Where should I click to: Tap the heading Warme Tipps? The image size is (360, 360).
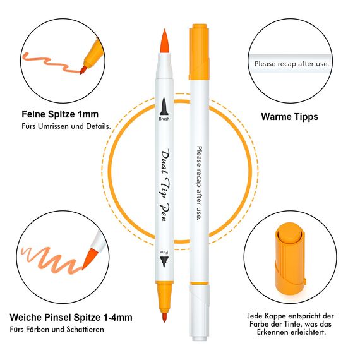(x=289, y=117)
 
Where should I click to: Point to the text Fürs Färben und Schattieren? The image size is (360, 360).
(x=57, y=329)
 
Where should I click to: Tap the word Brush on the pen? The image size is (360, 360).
(x=164, y=118)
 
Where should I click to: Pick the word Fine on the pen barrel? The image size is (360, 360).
(x=164, y=252)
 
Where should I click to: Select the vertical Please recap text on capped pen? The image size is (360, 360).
(x=198, y=183)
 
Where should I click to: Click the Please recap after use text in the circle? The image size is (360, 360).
(x=292, y=64)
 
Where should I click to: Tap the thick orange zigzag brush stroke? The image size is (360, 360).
(x=47, y=259)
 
